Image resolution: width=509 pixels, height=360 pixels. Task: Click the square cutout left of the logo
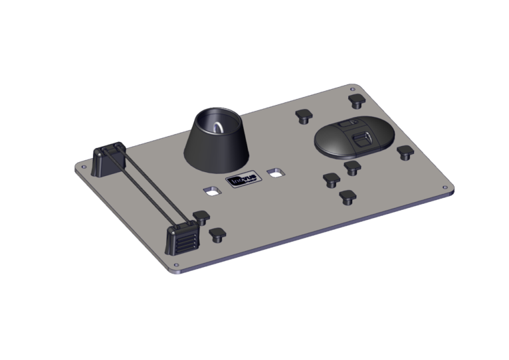click(x=212, y=190)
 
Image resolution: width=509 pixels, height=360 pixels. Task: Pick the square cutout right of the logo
click(x=273, y=173)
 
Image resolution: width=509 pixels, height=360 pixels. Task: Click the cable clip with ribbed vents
click(x=181, y=238)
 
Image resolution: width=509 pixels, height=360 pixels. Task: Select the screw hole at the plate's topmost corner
click(x=352, y=88)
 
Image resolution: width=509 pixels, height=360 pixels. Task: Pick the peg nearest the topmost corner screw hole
click(x=356, y=100)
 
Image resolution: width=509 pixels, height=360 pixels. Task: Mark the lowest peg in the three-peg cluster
click(x=346, y=197)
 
